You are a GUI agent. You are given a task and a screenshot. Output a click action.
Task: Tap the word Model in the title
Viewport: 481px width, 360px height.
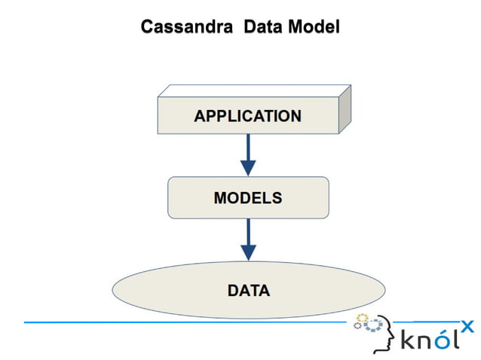pos(314,27)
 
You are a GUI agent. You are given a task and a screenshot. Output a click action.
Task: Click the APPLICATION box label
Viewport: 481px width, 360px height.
pos(247,116)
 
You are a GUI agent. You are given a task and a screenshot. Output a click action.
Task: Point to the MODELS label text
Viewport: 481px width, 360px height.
pos(247,198)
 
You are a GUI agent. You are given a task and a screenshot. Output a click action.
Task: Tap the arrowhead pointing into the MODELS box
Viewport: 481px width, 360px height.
pos(247,168)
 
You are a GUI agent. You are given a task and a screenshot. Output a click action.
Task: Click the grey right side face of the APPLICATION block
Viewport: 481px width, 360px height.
pos(345,109)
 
